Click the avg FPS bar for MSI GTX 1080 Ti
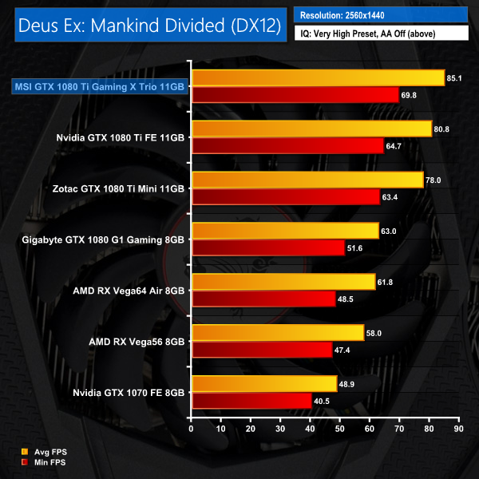(x=318, y=77)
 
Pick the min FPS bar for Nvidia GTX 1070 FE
(x=251, y=401)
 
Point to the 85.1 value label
(x=457, y=78)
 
